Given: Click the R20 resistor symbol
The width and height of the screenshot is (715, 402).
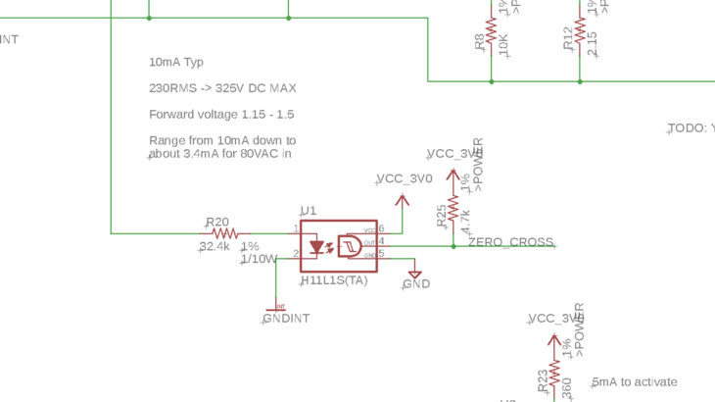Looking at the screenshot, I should click(225, 233).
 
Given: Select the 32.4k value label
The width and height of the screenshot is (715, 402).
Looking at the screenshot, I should click(214, 247).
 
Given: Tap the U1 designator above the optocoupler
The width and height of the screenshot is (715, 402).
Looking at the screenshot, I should click(309, 211).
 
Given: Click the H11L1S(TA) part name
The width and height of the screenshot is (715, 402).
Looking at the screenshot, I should click(334, 281).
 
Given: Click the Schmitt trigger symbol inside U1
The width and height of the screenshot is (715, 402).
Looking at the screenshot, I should click(351, 244).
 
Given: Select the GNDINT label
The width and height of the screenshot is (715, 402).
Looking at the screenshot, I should click(286, 319).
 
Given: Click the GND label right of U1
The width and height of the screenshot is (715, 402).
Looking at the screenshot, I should click(416, 284).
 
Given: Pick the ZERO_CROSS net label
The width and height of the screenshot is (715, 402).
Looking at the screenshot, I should click(510, 242).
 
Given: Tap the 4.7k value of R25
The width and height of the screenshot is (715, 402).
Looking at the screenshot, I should click(466, 220).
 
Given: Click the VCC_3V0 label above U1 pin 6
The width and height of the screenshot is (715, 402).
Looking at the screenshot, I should click(405, 178).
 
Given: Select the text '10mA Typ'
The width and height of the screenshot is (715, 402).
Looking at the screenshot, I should click(176, 62).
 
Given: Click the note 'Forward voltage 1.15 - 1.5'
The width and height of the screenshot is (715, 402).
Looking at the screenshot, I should click(221, 115).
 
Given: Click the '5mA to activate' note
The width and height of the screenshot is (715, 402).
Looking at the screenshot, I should click(635, 382).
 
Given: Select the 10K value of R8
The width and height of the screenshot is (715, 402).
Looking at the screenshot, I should click(503, 44).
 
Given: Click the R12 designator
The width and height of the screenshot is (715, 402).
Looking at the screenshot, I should click(568, 39).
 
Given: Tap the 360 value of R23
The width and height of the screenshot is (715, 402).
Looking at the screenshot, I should click(566, 388).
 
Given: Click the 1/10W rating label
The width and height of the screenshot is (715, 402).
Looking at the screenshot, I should click(260, 259).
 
